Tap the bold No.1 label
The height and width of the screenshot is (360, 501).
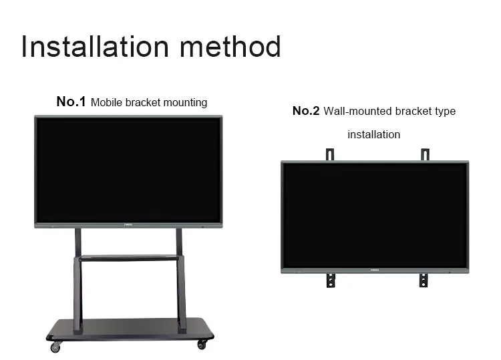pyautogui.click(x=71, y=102)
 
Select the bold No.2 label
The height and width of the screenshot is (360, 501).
pyautogui.click(x=306, y=111)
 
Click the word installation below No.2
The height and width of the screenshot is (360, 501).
pyautogui.click(x=373, y=134)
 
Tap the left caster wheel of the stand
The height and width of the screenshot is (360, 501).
pyautogui.click(x=56, y=347)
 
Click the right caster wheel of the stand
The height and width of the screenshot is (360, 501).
pyautogui.click(x=201, y=345)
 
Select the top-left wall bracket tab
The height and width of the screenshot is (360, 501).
pyautogui.click(x=329, y=154)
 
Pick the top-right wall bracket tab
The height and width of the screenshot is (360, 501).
pyautogui.click(x=424, y=154)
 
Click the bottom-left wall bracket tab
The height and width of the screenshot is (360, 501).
pyautogui.click(x=329, y=280)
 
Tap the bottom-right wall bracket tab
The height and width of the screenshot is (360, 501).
pyautogui.click(x=424, y=280)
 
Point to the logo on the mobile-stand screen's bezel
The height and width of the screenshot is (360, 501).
pyautogui.click(x=128, y=225)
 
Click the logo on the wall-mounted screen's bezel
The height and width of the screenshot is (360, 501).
pyautogui.click(x=375, y=271)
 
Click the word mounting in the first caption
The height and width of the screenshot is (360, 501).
pyautogui.click(x=184, y=103)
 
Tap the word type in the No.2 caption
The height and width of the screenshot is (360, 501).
pyautogui.click(x=444, y=111)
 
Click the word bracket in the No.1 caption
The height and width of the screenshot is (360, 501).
pyautogui.click(x=142, y=103)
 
